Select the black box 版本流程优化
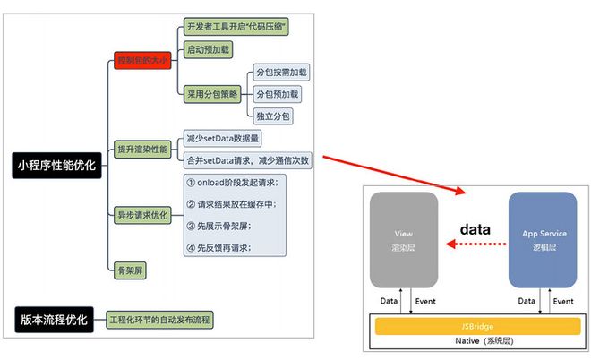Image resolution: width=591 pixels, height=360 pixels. pyautogui.click(x=51, y=319)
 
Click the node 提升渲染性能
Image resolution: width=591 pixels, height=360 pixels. pyautogui.click(x=141, y=149)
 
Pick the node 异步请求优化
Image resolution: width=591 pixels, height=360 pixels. pyautogui.click(x=141, y=215)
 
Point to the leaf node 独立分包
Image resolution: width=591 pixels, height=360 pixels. pyautogui.click(x=272, y=116)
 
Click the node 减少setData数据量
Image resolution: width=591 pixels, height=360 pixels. pyautogui.click(x=223, y=139)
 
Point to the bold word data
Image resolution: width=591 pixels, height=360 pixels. pyautogui.click(x=475, y=229)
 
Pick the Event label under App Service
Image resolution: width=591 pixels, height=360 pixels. pyautogui.click(x=563, y=301)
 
